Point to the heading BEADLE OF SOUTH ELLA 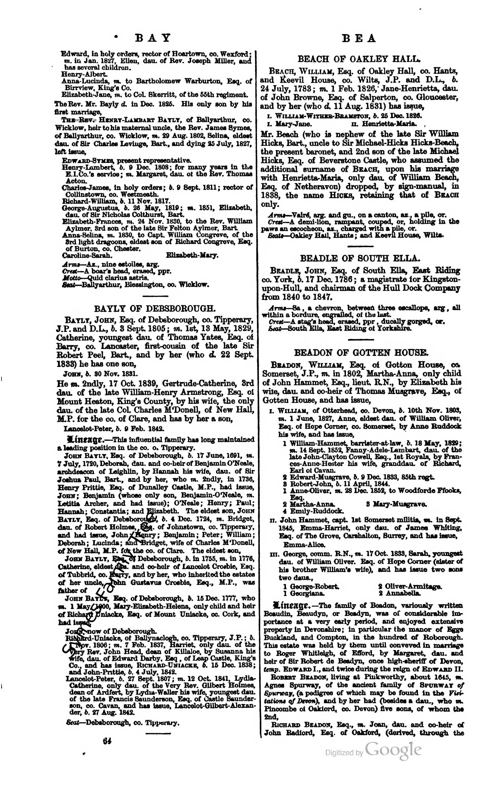coord(360,258)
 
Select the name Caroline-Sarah coord(87,256)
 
